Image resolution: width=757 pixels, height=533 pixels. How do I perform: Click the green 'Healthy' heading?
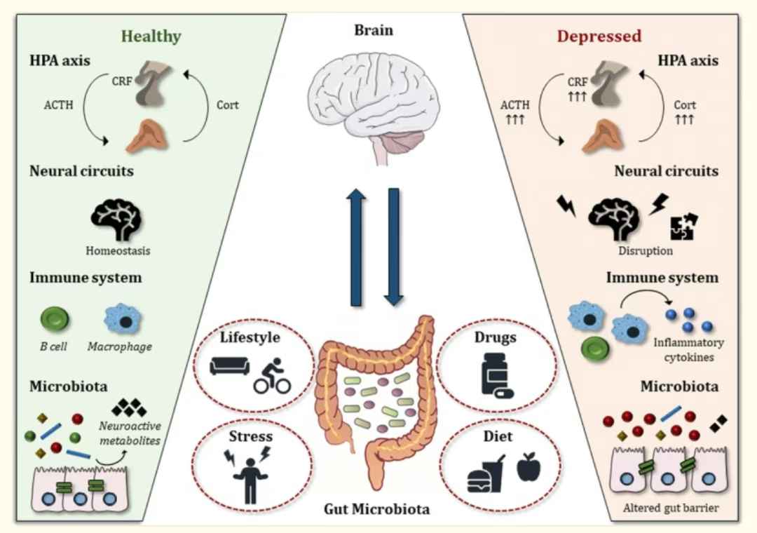[x=151, y=36]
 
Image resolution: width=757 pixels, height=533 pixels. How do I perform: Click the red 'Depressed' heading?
[x=599, y=36]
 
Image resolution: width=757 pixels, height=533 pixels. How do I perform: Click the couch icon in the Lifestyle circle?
[x=229, y=366]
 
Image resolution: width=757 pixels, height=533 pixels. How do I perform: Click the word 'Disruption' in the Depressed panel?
[x=646, y=250]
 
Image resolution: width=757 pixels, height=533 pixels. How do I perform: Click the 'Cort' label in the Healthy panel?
[x=227, y=105]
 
